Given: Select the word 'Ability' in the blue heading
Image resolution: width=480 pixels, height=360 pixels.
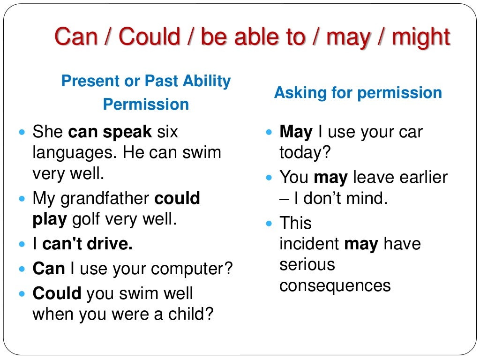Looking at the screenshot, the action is click(207, 82).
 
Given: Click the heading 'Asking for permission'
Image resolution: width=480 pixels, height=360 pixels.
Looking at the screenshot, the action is click(358, 93).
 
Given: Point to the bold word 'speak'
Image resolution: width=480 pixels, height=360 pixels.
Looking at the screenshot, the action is click(127, 133).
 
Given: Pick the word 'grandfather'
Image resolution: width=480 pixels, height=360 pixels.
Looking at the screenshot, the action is click(105, 199).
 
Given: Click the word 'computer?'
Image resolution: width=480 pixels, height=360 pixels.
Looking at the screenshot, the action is click(192, 269).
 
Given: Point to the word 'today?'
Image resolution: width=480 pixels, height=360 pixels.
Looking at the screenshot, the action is click(305, 152).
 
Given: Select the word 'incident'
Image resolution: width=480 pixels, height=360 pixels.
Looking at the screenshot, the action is click(309, 244).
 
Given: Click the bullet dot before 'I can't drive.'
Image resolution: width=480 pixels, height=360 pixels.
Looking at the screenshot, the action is click(22, 244).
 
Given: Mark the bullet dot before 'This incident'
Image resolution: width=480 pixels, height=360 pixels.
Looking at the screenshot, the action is click(269, 224).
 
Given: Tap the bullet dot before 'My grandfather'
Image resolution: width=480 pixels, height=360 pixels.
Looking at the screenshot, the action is click(22, 199).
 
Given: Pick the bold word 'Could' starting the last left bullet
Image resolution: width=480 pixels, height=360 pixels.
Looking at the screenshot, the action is click(57, 293).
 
